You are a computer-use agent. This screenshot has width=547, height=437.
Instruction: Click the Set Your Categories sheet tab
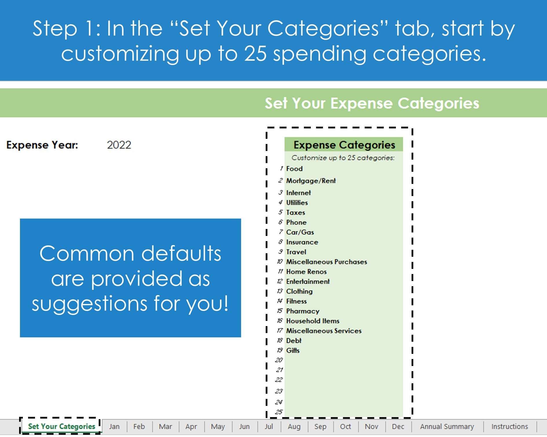tap(61, 426)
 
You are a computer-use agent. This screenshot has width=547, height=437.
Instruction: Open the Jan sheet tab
tap(114, 427)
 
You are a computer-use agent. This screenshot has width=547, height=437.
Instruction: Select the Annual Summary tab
tap(447, 427)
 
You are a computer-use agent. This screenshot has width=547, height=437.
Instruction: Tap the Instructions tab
tap(509, 427)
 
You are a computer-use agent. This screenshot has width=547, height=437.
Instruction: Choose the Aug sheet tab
tap(294, 427)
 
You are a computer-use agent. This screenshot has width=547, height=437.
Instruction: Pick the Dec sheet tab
tap(398, 427)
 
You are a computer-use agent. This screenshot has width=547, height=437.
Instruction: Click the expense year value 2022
tap(119, 145)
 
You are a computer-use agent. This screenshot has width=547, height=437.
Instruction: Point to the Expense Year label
tap(42, 145)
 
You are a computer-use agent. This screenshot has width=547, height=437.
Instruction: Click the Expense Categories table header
tap(344, 145)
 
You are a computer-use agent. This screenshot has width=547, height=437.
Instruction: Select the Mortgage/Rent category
tap(311, 181)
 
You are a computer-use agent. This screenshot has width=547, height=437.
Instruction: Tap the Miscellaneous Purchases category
tap(326, 262)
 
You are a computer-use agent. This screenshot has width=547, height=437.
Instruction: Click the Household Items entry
tap(313, 321)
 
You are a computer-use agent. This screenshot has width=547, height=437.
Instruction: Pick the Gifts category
tap(293, 350)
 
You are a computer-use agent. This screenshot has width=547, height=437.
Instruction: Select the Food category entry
tap(294, 168)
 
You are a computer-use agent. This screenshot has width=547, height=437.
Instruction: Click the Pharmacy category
tap(303, 311)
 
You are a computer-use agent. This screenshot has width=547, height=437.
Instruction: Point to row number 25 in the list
tap(279, 412)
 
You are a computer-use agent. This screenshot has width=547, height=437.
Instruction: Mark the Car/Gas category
tap(300, 232)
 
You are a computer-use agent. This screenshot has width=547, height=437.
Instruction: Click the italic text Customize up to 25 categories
tap(343, 158)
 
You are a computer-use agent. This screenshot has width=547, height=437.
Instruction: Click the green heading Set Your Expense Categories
tap(372, 103)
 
